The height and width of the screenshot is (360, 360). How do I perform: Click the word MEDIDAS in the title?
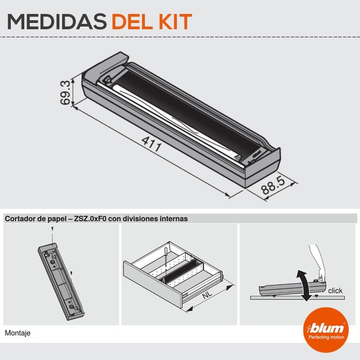(x=57, y=22)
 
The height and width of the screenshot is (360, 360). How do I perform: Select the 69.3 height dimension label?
(x=65, y=93)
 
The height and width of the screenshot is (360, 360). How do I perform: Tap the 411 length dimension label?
(x=151, y=144)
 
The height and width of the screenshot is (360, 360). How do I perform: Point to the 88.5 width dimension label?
(x=273, y=185)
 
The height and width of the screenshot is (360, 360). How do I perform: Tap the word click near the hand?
(x=335, y=291)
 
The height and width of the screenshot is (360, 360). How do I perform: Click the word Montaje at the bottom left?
(x=18, y=333)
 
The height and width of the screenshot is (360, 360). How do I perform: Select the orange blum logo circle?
(x=326, y=330)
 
